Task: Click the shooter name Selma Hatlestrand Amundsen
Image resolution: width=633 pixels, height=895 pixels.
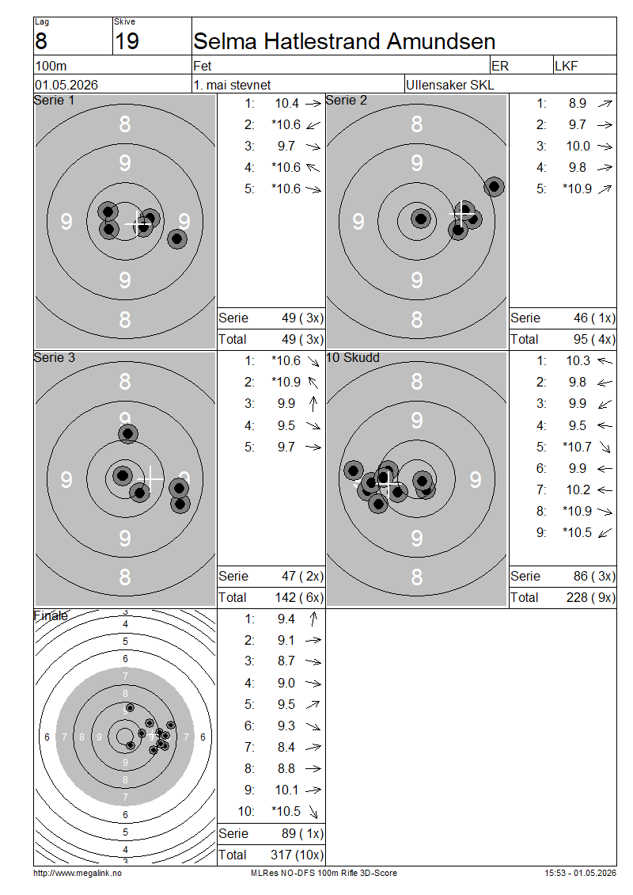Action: click(344, 42)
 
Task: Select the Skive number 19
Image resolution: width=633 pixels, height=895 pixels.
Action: click(127, 42)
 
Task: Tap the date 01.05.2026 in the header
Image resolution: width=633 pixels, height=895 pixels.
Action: click(66, 85)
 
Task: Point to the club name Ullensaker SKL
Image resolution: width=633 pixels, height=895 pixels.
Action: click(450, 85)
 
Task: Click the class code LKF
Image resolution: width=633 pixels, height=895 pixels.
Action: click(567, 67)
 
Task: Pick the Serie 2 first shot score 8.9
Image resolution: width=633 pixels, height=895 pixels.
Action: click(577, 103)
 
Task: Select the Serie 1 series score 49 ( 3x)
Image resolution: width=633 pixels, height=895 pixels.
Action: click(302, 318)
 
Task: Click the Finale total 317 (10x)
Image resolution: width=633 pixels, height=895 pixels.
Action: click(297, 855)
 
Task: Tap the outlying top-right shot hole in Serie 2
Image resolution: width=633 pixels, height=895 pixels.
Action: click(494, 186)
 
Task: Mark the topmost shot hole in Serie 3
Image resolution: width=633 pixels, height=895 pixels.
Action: click(127, 434)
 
